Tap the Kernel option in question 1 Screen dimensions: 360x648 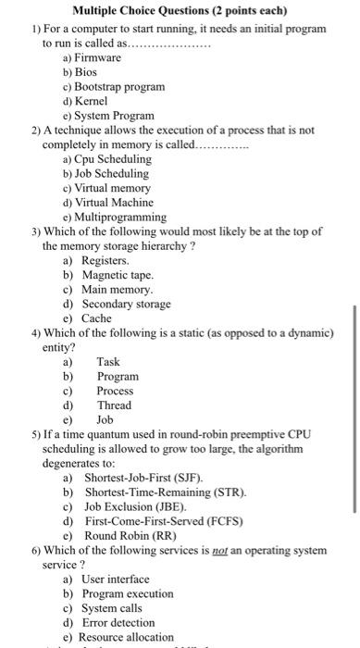91,101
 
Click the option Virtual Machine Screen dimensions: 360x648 117,202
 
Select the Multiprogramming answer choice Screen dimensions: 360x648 120,217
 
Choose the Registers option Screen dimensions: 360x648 104,261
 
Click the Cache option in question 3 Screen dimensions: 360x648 96,318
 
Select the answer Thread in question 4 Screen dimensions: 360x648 114,405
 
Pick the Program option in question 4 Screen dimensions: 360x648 118,376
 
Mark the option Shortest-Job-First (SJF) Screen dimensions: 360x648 143,478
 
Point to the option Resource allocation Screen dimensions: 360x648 128,637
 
